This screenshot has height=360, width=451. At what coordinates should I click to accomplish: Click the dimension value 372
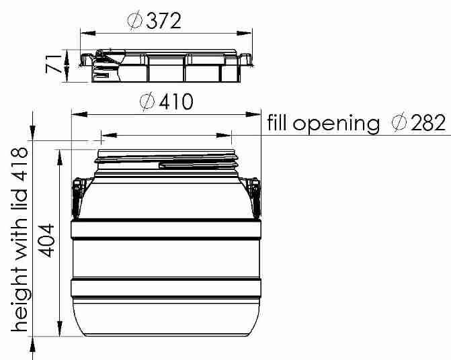coord(163,21)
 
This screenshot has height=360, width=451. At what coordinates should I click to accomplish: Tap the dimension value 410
coord(176,101)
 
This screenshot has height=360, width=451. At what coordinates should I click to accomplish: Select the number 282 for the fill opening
coord(428,123)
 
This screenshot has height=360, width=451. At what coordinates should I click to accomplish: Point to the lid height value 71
coord(54,64)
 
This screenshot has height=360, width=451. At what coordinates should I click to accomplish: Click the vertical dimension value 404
coord(46,240)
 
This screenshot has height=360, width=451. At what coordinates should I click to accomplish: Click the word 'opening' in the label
coord(336,124)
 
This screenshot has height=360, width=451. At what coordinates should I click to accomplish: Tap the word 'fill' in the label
coord(278,122)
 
